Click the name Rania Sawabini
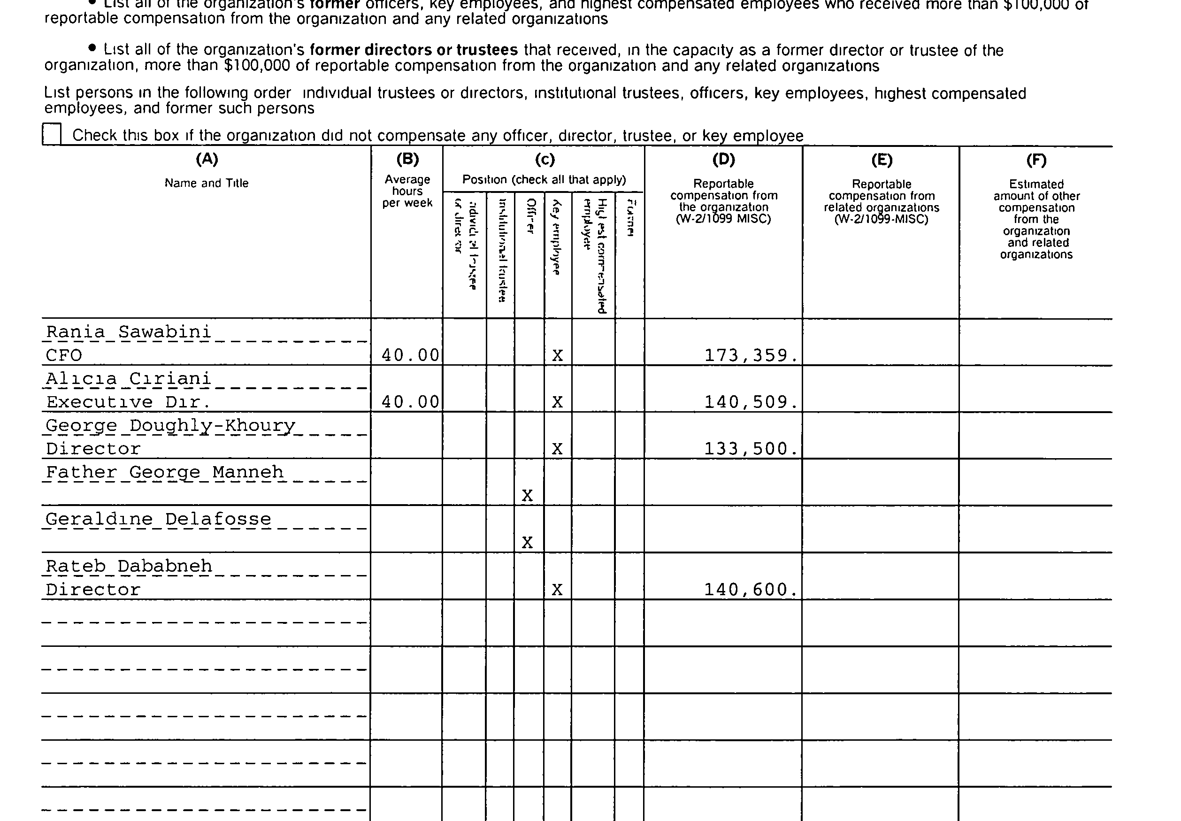129,332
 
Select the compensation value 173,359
750,355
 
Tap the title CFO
64,355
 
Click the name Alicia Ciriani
129,379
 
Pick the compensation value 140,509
750,402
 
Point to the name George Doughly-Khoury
170,425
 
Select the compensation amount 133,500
750,449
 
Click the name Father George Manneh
165,472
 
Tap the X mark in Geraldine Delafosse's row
527,542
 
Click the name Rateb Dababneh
129,566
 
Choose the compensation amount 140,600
750,589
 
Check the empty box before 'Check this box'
52,134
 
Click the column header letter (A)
207,159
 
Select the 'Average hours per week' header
407,191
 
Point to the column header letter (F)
1036,160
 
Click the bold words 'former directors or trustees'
414,50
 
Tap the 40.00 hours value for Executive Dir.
410,402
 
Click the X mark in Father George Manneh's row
527,495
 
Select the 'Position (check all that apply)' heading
544,179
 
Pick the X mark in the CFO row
557,355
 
